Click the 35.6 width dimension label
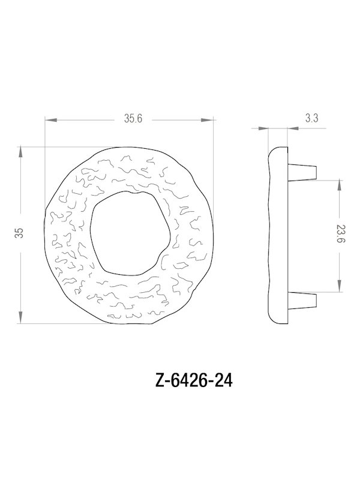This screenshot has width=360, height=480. tap(133, 119)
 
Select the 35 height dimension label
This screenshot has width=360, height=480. tap(20, 234)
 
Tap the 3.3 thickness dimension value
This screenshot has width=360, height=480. tap(311, 119)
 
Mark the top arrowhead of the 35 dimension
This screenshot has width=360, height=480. tap(22, 150)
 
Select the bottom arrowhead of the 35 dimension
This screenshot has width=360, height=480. tap(22, 319)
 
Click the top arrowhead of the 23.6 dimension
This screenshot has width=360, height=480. tap(340, 182)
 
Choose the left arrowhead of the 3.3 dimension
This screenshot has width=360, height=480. tap(262, 128)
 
